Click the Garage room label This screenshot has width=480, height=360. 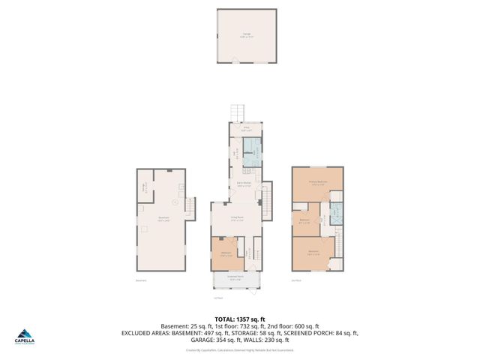click(x=246, y=34)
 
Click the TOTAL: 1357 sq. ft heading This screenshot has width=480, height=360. click(x=239, y=319)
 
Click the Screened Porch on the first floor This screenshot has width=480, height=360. click(x=235, y=280)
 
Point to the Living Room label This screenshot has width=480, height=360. click(x=237, y=219)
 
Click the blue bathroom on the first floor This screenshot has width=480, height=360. click(x=254, y=153)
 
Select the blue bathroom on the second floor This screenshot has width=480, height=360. click(x=336, y=211)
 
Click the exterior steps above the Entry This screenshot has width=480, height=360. click(x=239, y=112)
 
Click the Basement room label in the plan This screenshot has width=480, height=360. click(x=163, y=219)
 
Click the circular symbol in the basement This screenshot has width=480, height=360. click(x=175, y=202)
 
